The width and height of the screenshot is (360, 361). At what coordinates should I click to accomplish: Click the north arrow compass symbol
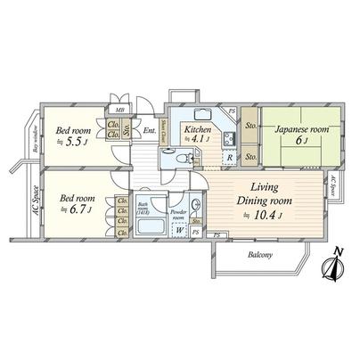(335, 264)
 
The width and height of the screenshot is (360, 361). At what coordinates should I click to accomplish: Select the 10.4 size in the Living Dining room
(269, 214)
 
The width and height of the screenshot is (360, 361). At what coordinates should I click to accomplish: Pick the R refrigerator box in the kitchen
(229, 159)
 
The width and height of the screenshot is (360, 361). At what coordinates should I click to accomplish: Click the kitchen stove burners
(228, 137)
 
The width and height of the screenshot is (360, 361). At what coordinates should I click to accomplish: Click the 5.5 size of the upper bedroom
(74, 138)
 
